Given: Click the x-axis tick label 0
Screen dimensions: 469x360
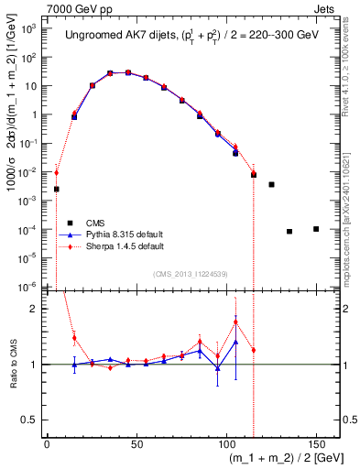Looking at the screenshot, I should pyautogui.click(x=47, y=445).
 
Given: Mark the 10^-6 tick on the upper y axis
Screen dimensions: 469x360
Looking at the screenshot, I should pyautogui.click(x=29, y=287).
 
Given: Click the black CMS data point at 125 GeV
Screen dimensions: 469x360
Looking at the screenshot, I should pyautogui.click(x=271, y=184).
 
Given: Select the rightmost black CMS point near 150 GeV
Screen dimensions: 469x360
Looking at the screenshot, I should pyautogui.click(x=316, y=228).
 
